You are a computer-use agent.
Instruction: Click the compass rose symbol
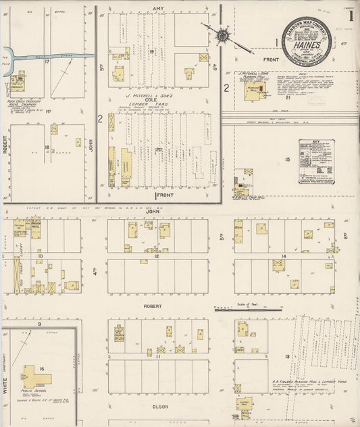click(222, 34)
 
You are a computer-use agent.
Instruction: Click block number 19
click(152, 51)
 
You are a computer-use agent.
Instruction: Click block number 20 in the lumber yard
click(158, 149)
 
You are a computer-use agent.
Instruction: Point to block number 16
click(42, 369)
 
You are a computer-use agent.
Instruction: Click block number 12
click(156, 256)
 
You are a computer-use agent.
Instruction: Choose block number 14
click(284, 256)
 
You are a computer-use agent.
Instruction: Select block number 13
click(287, 356)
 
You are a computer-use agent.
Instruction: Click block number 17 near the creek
click(47, 61)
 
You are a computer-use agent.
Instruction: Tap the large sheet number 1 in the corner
click(350, 15)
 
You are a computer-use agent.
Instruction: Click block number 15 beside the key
click(287, 159)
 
